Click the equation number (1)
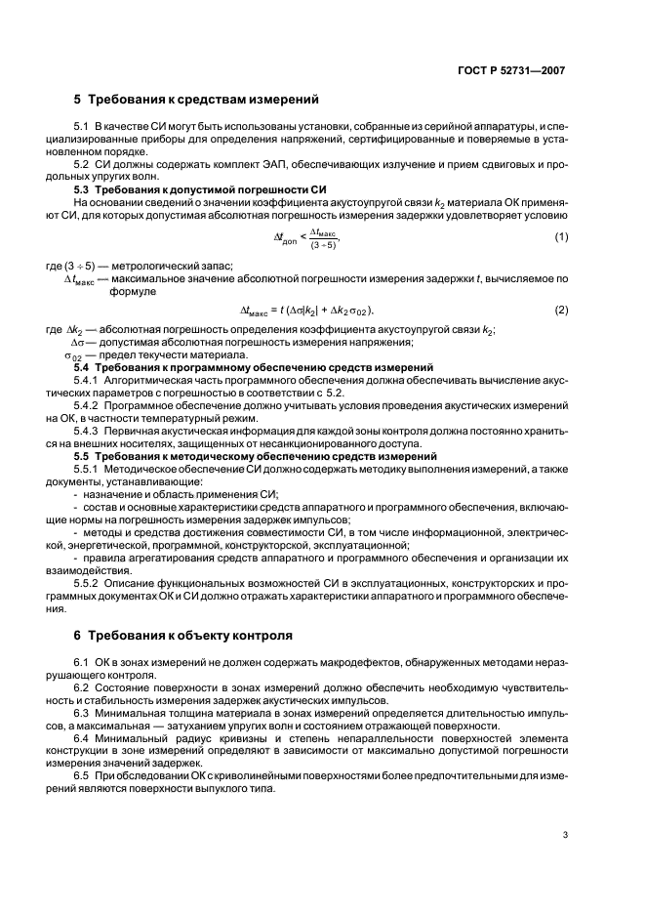pyautogui.click(x=561, y=237)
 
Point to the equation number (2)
pyautogui.click(x=561, y=311)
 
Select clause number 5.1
pyautogui.click(x=81, y=129)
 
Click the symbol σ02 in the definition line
pyautogui.click(x=73, y=355)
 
